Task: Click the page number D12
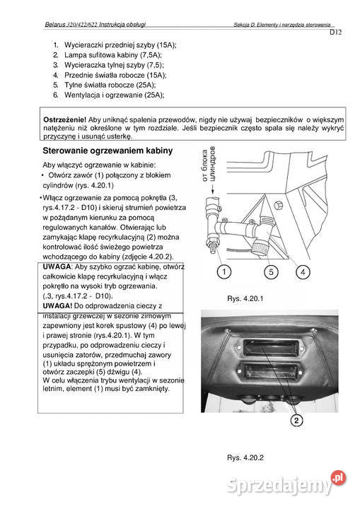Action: (x=335, y=33)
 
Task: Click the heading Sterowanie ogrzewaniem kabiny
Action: (x=108, y=151)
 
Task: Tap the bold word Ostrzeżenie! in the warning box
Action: (x=65, y=119)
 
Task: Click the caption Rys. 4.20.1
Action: (x=242, y=298)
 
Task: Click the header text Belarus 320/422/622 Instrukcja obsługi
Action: (x=95, y=24)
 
